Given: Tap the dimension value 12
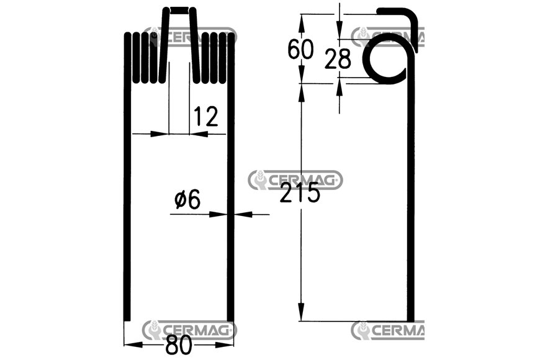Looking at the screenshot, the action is click(x=206, y=116).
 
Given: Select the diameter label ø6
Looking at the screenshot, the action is click(x=187, y=199).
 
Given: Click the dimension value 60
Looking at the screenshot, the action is click(x=300, y=48).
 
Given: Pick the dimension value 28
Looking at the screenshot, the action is click(x=338, y=58).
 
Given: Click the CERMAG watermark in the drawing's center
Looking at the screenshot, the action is click(x=295, y=179).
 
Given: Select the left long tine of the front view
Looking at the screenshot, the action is click(x=127, y=176).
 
